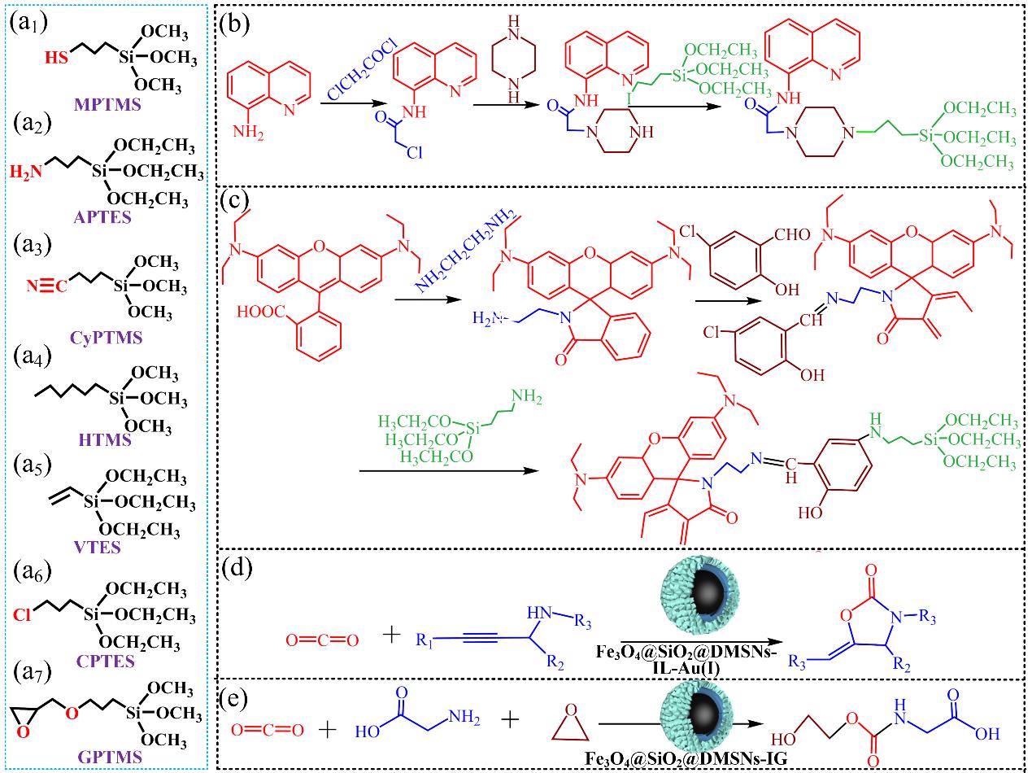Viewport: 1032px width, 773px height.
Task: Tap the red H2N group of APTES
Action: [x=24, y=172]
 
